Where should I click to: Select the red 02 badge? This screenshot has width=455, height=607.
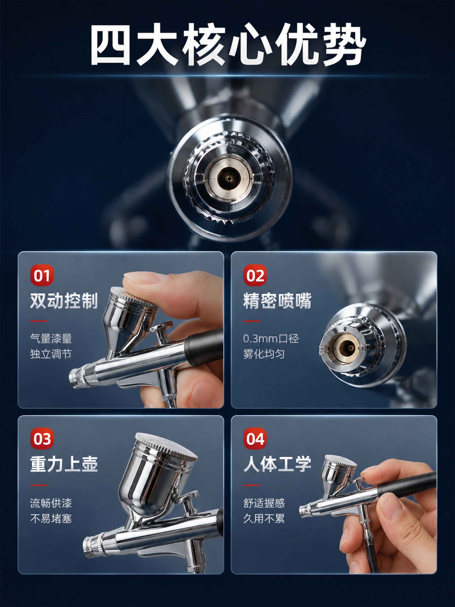point(255,275)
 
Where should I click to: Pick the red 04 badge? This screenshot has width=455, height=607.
point(255,439)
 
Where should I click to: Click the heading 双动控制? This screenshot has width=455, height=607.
point(64,301)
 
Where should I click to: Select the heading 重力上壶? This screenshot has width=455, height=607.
point(64,464)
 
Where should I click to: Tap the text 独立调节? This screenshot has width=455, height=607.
point(51,354)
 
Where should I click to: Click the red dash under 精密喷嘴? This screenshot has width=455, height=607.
point(251,321)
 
